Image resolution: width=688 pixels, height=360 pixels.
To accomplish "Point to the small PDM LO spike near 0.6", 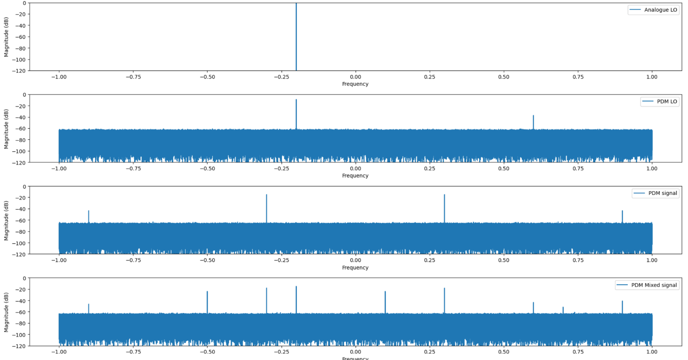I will [x=533, y=121].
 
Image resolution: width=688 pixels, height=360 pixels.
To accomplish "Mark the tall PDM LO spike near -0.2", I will [x=296, y=113].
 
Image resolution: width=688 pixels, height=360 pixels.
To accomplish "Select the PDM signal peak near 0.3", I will [x=444, y=208].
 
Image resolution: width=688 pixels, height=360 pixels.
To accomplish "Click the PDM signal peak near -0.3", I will [x=267, y=208].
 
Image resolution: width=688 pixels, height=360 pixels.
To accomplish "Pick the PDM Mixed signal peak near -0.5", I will [x=207, y=301].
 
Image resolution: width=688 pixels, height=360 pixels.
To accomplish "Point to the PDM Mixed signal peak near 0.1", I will [x=385, y=301].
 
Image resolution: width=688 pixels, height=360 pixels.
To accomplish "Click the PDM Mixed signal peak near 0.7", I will [x=563, y=310].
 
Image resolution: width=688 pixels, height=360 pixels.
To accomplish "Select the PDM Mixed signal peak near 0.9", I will [x=622, y=306].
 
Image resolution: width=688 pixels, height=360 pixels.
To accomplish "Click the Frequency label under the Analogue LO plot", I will [x=355, y=84].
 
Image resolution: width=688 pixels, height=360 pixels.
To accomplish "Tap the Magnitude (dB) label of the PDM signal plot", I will [x=6, y=221].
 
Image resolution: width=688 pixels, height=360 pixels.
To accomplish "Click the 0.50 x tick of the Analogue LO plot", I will [x=503, y=77].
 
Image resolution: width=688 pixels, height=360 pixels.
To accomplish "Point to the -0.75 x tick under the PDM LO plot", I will [x=133, y=168].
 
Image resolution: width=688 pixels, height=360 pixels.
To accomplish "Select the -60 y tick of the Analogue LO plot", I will [x=20, y=37].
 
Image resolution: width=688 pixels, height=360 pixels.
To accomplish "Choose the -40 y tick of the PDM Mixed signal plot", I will [x=20, y=301].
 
